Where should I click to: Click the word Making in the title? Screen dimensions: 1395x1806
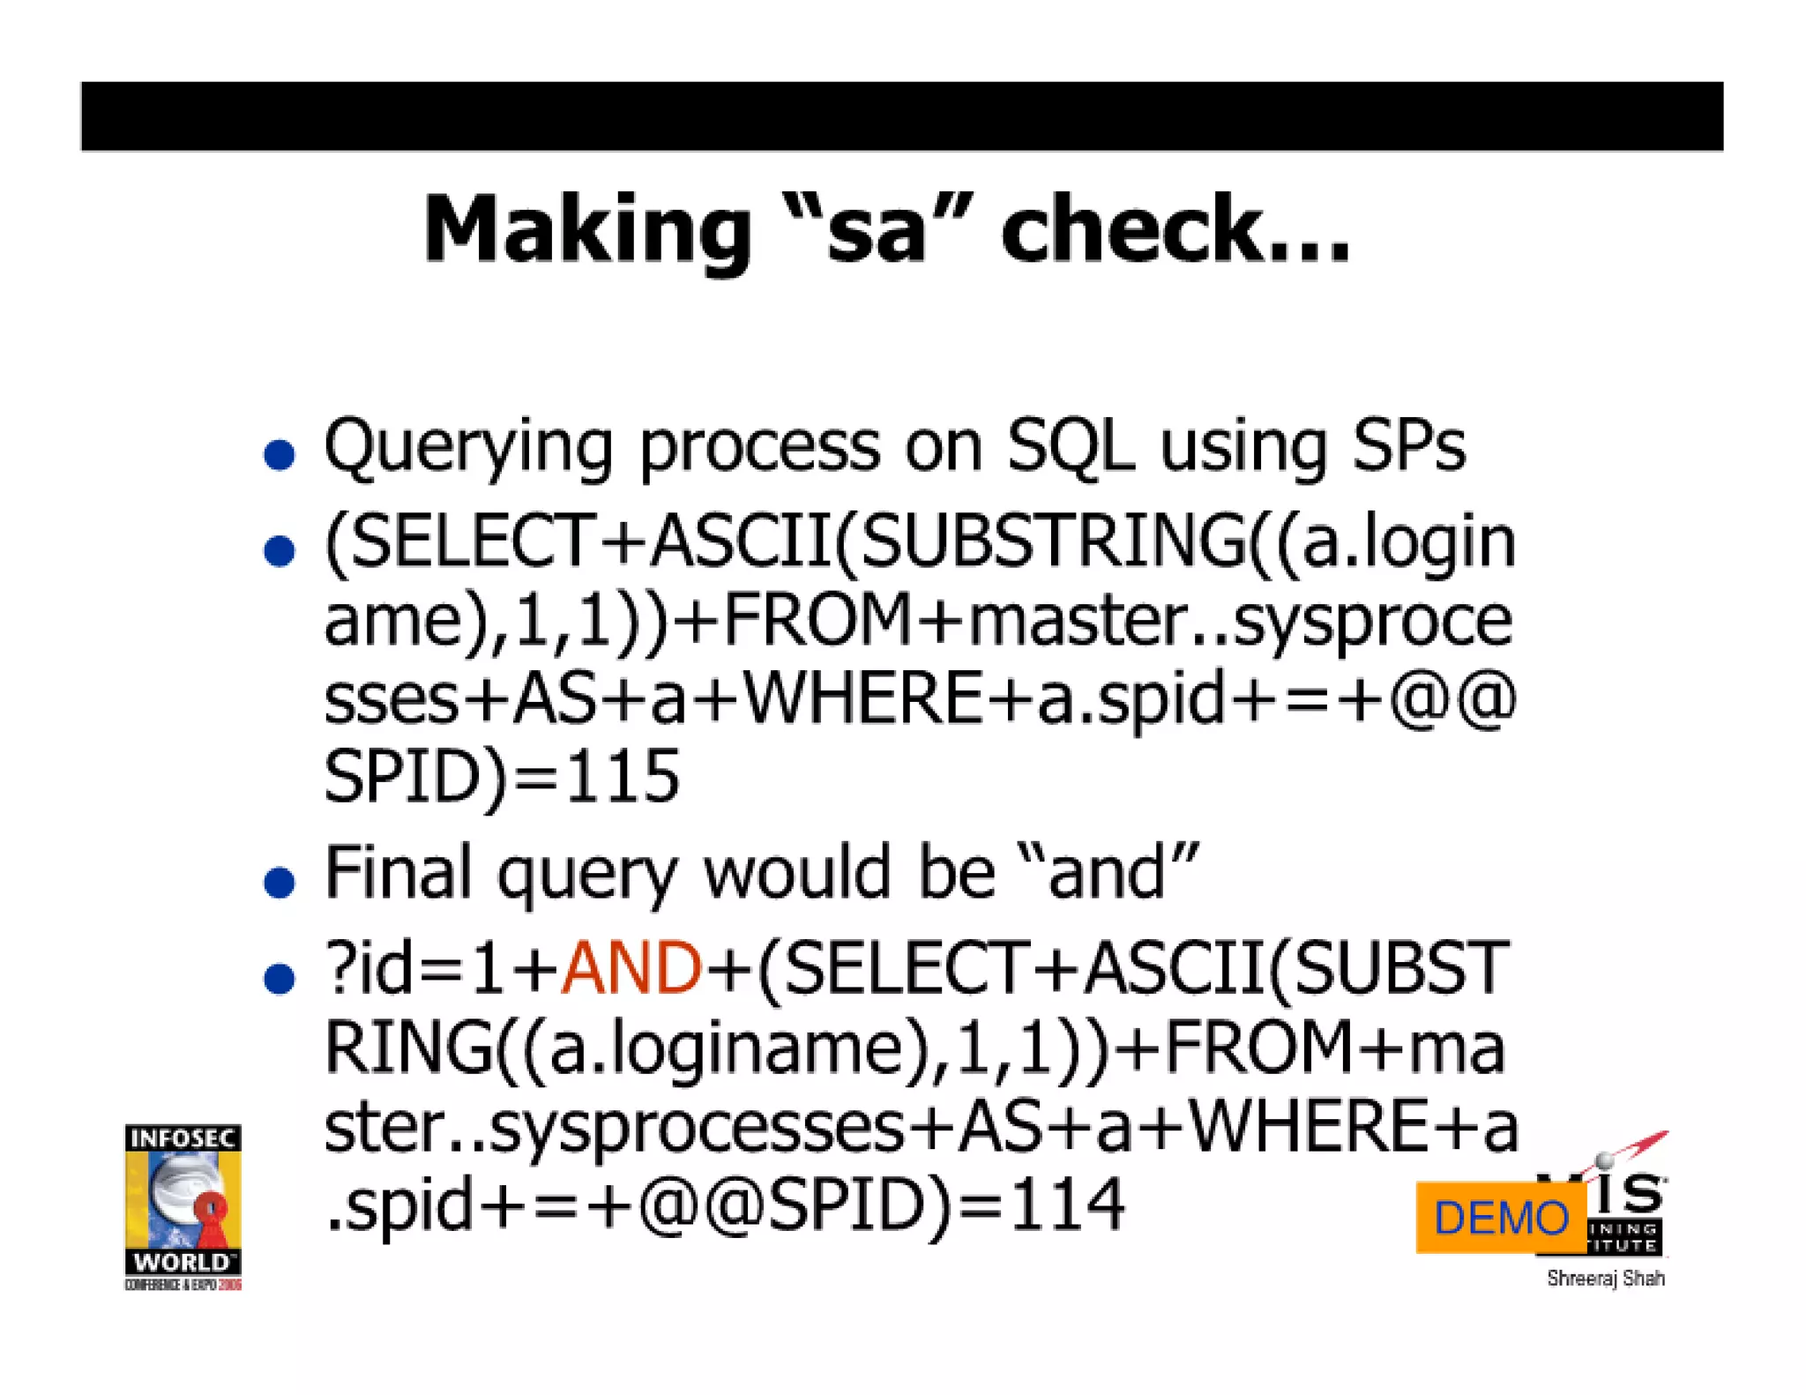586,231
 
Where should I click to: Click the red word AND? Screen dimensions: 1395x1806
631,968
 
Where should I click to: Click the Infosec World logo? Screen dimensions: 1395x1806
183,1206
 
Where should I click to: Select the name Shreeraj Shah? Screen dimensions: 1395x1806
1605,1279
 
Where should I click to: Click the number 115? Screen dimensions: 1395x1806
623,776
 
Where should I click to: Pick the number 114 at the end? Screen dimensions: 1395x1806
1067,1205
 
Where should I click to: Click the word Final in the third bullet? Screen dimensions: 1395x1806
398,873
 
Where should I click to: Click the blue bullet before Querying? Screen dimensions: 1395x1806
280,455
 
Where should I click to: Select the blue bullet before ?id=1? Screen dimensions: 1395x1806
280,978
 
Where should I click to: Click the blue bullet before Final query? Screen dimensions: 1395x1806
280,882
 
